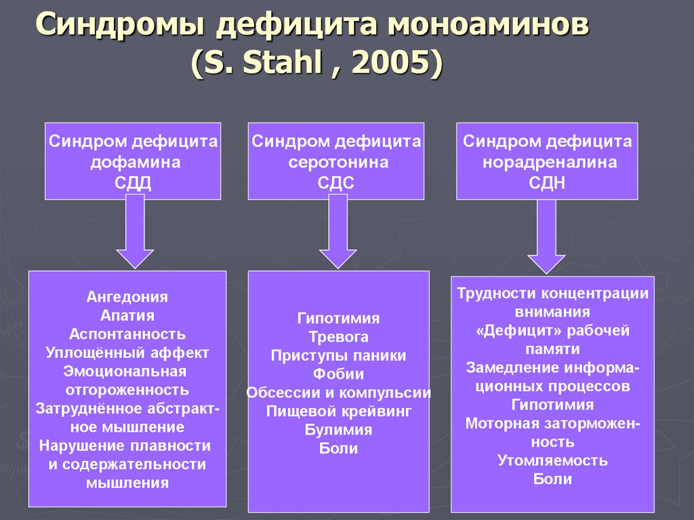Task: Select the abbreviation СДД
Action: [133, 182]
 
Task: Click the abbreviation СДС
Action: [336, 182]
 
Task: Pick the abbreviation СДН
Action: [547, 182]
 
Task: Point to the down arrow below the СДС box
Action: [338, 234]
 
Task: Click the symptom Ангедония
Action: [127, 297]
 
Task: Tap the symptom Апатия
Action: [127, 315]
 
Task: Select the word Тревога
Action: [338, 337]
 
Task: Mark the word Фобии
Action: [338, 374]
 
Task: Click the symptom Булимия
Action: [338, 430]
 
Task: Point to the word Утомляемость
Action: [552, 460]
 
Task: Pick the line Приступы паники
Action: [338, 355]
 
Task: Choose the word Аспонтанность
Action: [127, 334]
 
